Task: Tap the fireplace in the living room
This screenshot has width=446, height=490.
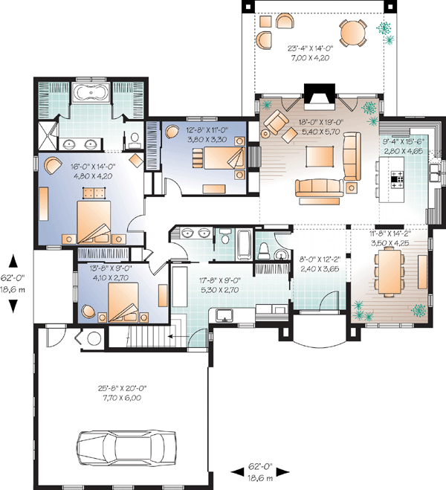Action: [320, 96]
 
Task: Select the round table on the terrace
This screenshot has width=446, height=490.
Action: [353, 33]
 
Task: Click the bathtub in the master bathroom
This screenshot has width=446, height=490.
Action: [91, 92]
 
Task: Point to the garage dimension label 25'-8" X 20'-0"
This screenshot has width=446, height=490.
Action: [123, 388]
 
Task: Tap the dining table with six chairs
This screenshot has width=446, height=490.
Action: [390, 271]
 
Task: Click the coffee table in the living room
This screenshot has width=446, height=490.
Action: [320, 156]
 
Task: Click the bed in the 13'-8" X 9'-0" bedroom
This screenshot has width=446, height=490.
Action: [123, 302]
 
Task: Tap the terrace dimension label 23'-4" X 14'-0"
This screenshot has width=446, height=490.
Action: [311, 48]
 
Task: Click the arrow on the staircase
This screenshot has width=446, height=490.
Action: [178, 336]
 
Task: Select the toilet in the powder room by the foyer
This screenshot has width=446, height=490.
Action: [264, 251]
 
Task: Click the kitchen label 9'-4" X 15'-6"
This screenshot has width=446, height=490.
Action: [404, 141]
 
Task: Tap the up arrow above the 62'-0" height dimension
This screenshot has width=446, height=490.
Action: [13, 261]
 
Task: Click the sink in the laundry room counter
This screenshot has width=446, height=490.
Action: [224, 315]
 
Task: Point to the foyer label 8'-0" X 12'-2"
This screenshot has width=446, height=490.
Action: [320, 259]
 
